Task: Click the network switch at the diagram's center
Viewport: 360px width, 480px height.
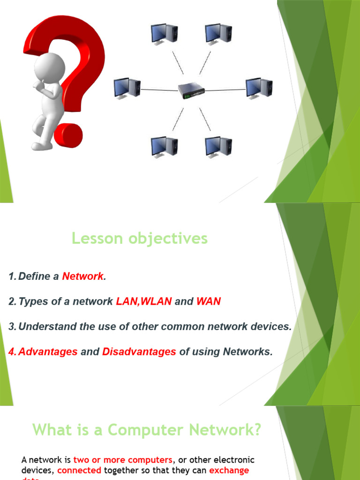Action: coord(191,90)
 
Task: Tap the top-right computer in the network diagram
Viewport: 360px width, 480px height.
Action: coord(218,34)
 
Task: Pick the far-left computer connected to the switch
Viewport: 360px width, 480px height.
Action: coord(127,88)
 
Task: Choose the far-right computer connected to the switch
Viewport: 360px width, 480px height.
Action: coord(259,88)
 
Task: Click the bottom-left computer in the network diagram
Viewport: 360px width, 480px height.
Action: coord(164,146)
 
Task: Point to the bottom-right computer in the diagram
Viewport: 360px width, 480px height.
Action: coord(218,146)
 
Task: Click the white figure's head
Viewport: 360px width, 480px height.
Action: coord(49,68)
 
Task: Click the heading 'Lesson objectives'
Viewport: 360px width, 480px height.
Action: coord(140,239)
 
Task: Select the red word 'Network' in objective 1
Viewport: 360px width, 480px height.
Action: coord(82,277)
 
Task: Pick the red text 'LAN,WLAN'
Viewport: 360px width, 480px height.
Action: coord(143,302)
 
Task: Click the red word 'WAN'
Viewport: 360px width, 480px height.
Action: coord(208,302)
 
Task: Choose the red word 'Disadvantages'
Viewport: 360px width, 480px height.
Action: coord(139,352)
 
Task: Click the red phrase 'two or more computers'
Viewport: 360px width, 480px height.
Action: coord(123,460)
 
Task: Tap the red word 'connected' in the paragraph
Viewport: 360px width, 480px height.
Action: coord(79,470)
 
